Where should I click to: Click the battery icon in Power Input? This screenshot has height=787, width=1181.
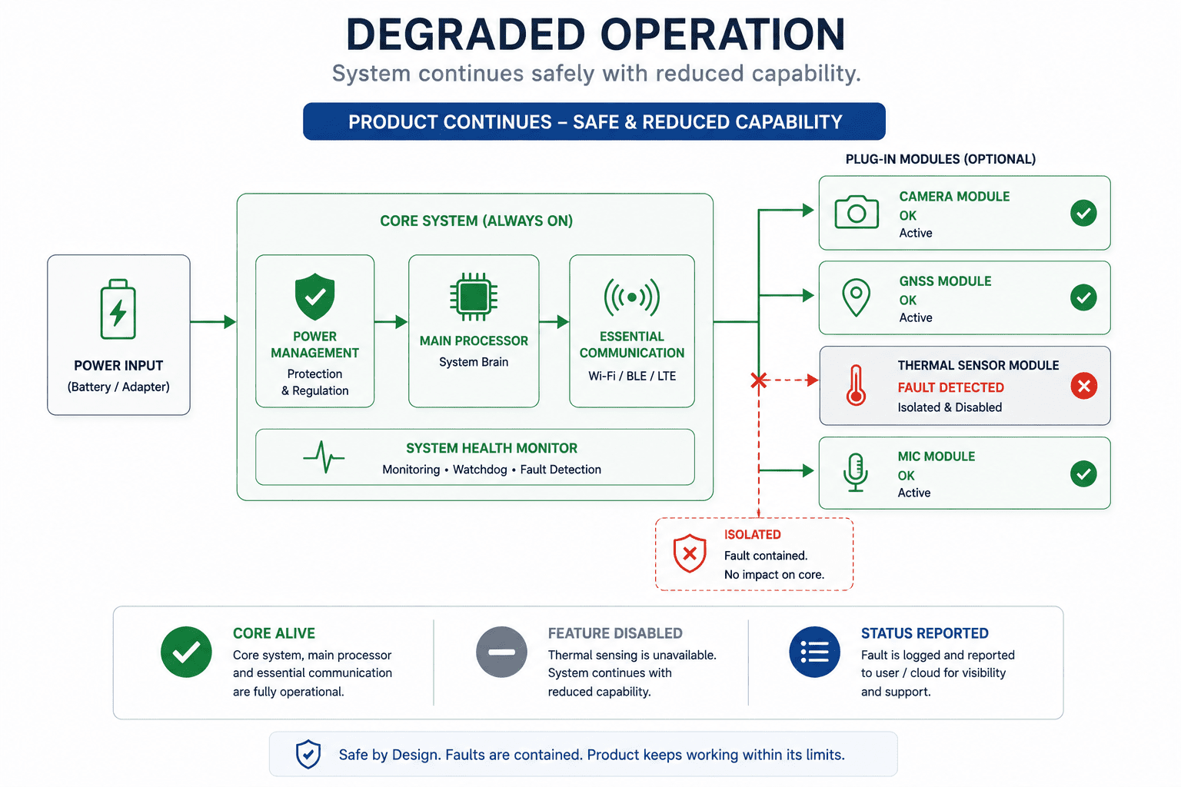point(118,309)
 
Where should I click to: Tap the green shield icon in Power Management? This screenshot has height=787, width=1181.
point(314,296)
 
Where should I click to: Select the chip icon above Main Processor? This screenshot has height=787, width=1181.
point(474,296)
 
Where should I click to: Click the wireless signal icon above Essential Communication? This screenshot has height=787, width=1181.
point(631,297)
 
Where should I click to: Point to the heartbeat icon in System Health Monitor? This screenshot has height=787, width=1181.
point(324,457)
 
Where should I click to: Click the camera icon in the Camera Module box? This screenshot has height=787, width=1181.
point(857,212)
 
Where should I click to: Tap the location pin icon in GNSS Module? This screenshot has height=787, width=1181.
point(857,297)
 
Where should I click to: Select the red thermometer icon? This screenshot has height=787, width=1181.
point(857,385)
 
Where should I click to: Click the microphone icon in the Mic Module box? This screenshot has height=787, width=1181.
point(855,473)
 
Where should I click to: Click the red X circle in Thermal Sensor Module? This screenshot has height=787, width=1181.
point(1084,386)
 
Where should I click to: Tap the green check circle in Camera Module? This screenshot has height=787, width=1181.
point(1083,213)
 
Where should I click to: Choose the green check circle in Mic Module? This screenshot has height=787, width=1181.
point(1083,473)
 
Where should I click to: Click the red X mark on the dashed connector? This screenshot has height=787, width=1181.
point(759,380)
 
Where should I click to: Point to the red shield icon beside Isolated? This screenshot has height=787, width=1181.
point(690,553)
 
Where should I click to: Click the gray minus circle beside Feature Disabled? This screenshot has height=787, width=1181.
point(501,652)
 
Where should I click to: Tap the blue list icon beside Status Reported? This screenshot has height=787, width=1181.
point(814,652)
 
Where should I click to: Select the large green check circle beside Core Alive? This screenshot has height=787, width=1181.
point(186,652)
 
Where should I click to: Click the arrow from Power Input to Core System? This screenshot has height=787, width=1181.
point(213,321)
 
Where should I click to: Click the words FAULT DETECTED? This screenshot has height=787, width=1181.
point(950,387)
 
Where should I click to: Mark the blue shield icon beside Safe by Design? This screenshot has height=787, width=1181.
point(308,754)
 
